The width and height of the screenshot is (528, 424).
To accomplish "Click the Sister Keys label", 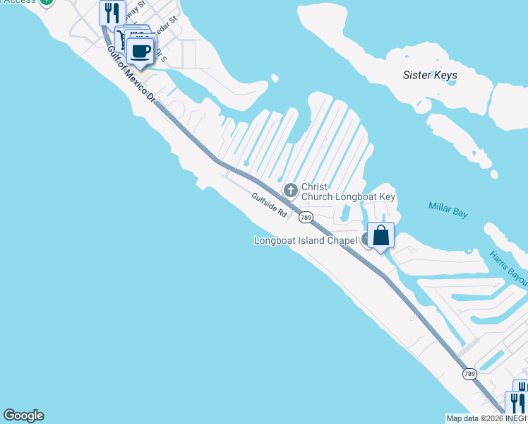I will tap(430, 75).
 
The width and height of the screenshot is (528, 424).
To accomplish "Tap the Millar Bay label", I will tap(448, 206).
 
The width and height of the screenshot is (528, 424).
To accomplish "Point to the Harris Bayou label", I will tap(508, 269).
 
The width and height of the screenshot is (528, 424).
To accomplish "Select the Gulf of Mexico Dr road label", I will tap(131, 73).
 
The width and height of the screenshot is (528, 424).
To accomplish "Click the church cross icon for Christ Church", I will tap(290, 190).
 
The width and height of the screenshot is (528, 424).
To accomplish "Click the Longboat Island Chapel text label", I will tap(305, 240).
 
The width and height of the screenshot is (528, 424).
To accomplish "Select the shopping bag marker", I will tap(380, 235).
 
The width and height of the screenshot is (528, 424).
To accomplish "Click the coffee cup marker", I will tap(140, 51).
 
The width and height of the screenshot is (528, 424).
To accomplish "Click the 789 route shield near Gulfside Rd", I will tap(306, 218).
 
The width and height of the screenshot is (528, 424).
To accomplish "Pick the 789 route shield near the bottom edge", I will tap(469, 373).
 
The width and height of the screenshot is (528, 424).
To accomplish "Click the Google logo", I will tap(23, 416).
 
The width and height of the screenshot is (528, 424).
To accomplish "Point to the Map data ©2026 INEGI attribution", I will tap(486, 418).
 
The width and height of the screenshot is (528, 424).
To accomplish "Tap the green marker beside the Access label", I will tap(46, 2).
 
